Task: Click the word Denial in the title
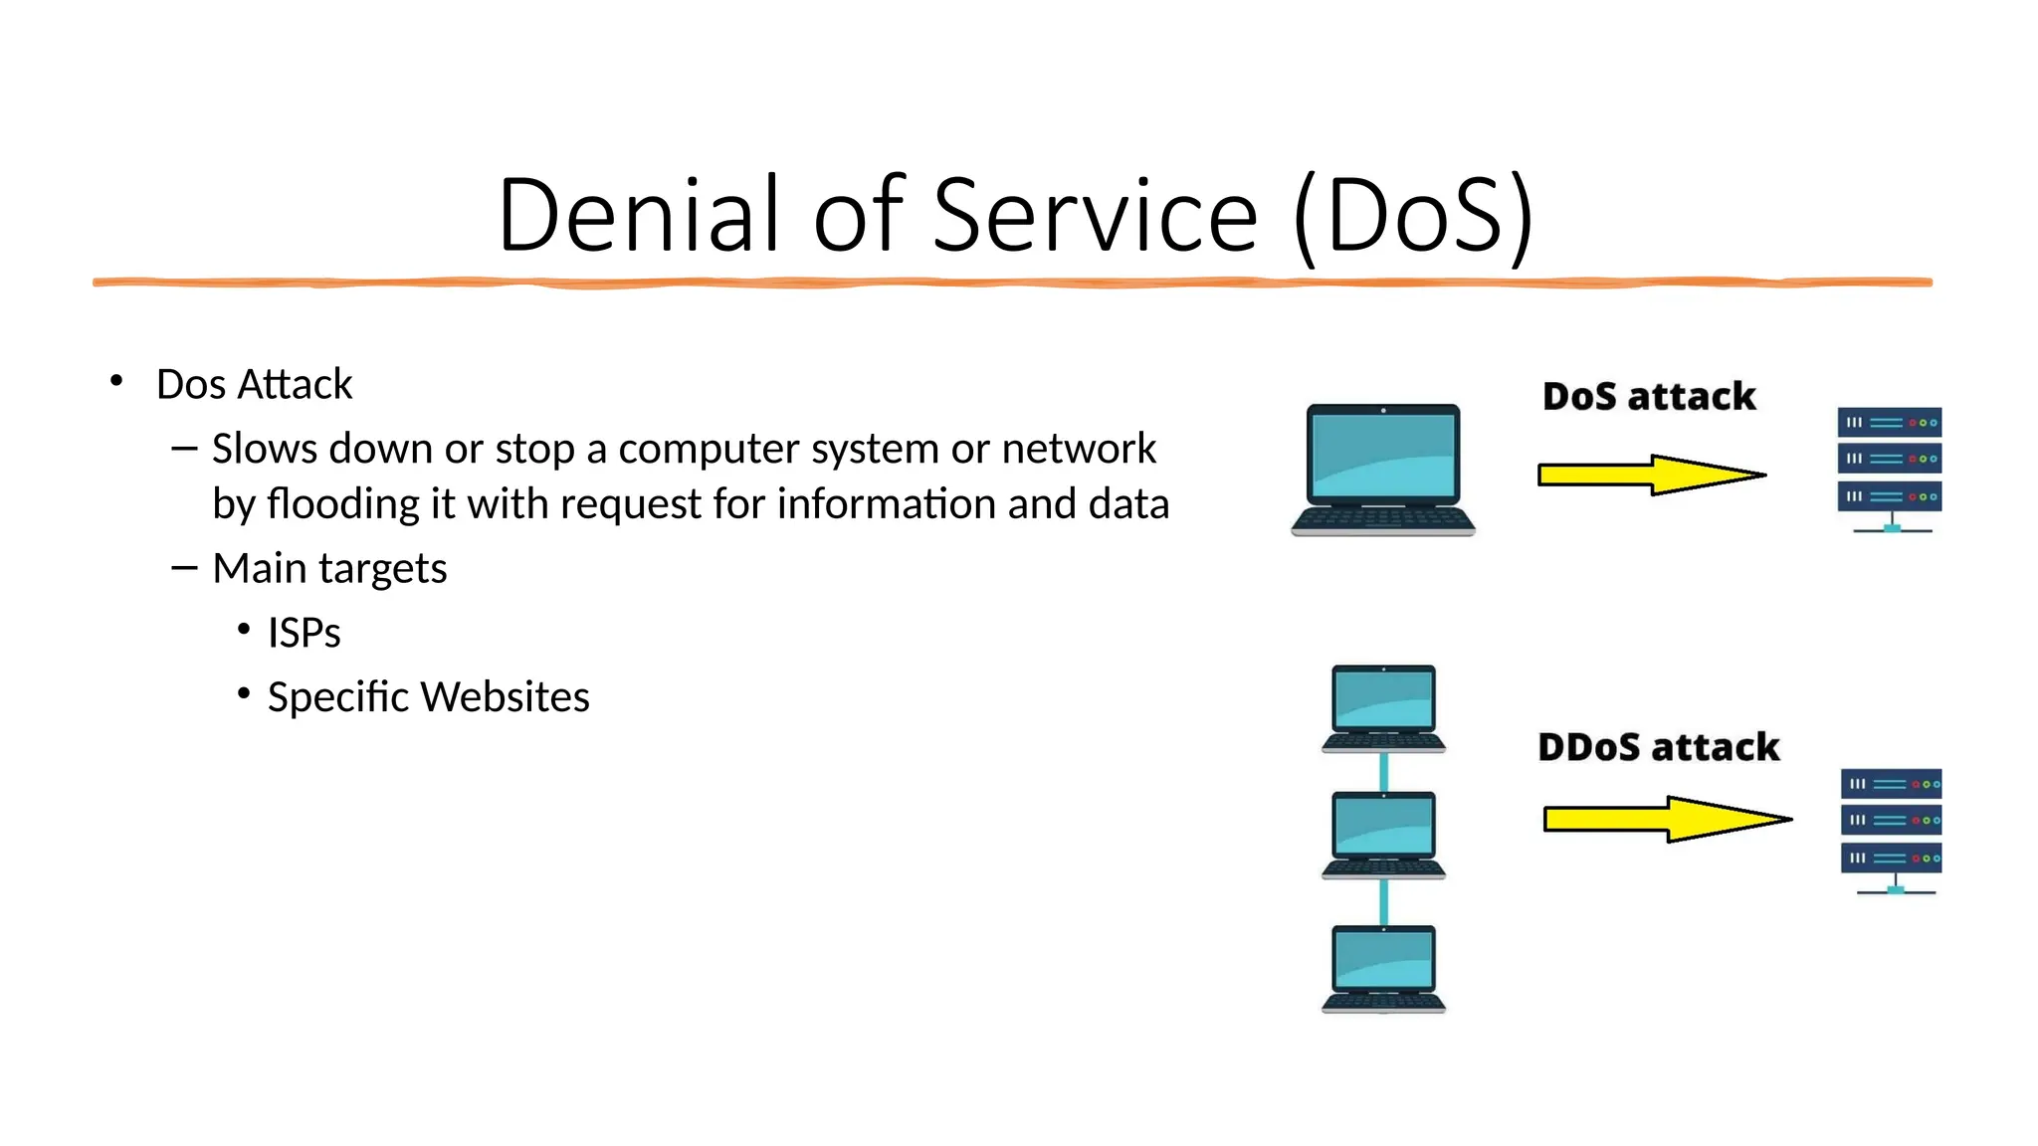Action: (x=637, y=215)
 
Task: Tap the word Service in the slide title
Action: (x=1096, y=215)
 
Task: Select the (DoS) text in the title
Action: (x=1413, y=215)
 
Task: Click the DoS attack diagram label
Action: (x=1649, y=396)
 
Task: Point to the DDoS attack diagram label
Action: (x=1658, y=747)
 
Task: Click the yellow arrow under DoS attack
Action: (x=1652, y=475)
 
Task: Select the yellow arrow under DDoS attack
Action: (x=1667, y=819)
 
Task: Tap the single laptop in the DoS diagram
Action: (x=1383, y=470)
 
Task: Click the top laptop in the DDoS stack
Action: (x=1383, y=708)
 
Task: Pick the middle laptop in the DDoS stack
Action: (x=1383, y=835)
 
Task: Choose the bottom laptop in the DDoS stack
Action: (x=1383, y=968)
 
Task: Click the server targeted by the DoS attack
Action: (x=1889, y=468)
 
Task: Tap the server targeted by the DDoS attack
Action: (x=1891, y=829)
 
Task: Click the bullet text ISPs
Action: (x=304, y=633)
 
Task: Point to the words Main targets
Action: (x=329, y=568)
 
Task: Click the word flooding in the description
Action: (x=343, y=503)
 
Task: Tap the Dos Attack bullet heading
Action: (x=254, y=384)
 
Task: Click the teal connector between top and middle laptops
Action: (x=1383, y=771)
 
